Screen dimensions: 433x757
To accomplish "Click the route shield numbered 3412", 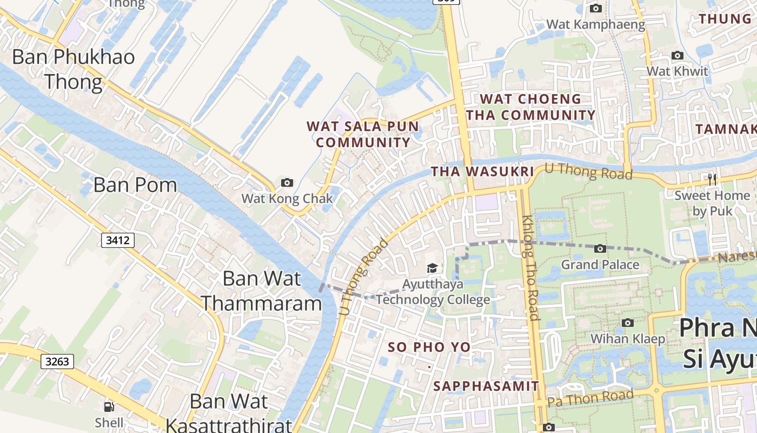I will point(118,240).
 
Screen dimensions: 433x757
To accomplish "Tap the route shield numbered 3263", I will point(57,361).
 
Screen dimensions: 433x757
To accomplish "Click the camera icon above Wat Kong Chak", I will point(287,183).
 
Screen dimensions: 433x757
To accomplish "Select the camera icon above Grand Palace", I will point(600,249).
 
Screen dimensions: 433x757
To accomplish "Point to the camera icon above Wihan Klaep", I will point(627,323).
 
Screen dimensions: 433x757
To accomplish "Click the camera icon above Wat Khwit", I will point(677,56).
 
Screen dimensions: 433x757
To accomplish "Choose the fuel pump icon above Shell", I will point(109,406).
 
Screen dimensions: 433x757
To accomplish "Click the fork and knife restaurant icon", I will point(712,179).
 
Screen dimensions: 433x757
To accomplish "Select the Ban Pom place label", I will point(135,185).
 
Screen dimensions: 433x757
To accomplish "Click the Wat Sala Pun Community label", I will point(363,134).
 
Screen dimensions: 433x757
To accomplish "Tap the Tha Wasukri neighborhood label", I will point(482,172).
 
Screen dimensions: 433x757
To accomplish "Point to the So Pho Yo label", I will point(429,347).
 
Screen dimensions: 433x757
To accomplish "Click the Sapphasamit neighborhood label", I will point(486,386).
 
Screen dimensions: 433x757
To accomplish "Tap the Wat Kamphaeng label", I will point(595,24).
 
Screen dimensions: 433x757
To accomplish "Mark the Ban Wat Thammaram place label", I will point(262,291).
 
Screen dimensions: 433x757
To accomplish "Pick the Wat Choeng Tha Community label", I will point(530,107).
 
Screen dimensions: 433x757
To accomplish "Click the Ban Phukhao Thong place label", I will point(74,69).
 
